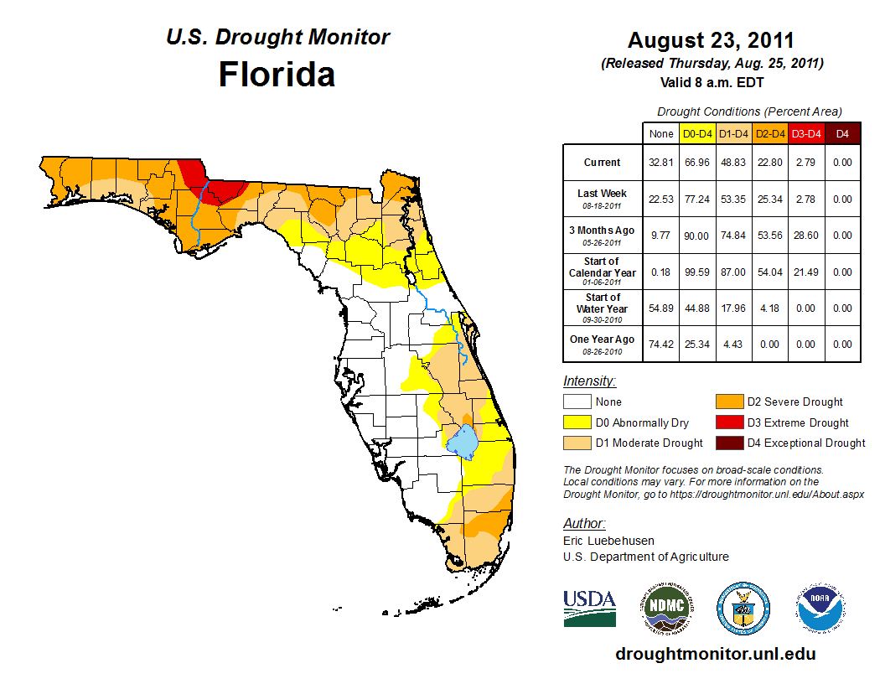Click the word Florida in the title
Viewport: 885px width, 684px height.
pyautogui.click(x=277, y=75)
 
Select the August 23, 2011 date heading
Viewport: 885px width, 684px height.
pyautogui.click(x=711, y=40)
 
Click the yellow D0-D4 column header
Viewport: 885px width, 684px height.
pyautogui.click(x=697, y=133)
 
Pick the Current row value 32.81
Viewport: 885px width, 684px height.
pyautogui.click(x=662, y=163)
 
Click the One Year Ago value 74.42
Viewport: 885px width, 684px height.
pyautogui.click(x=662, y=344)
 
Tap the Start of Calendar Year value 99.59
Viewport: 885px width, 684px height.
pyautogui.click(x=697, y=272)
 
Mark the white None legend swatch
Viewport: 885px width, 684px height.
pyautogui.click(x=577, y=402)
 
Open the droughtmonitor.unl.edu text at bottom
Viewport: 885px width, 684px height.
pyautogui.click(x=715, y=654)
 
